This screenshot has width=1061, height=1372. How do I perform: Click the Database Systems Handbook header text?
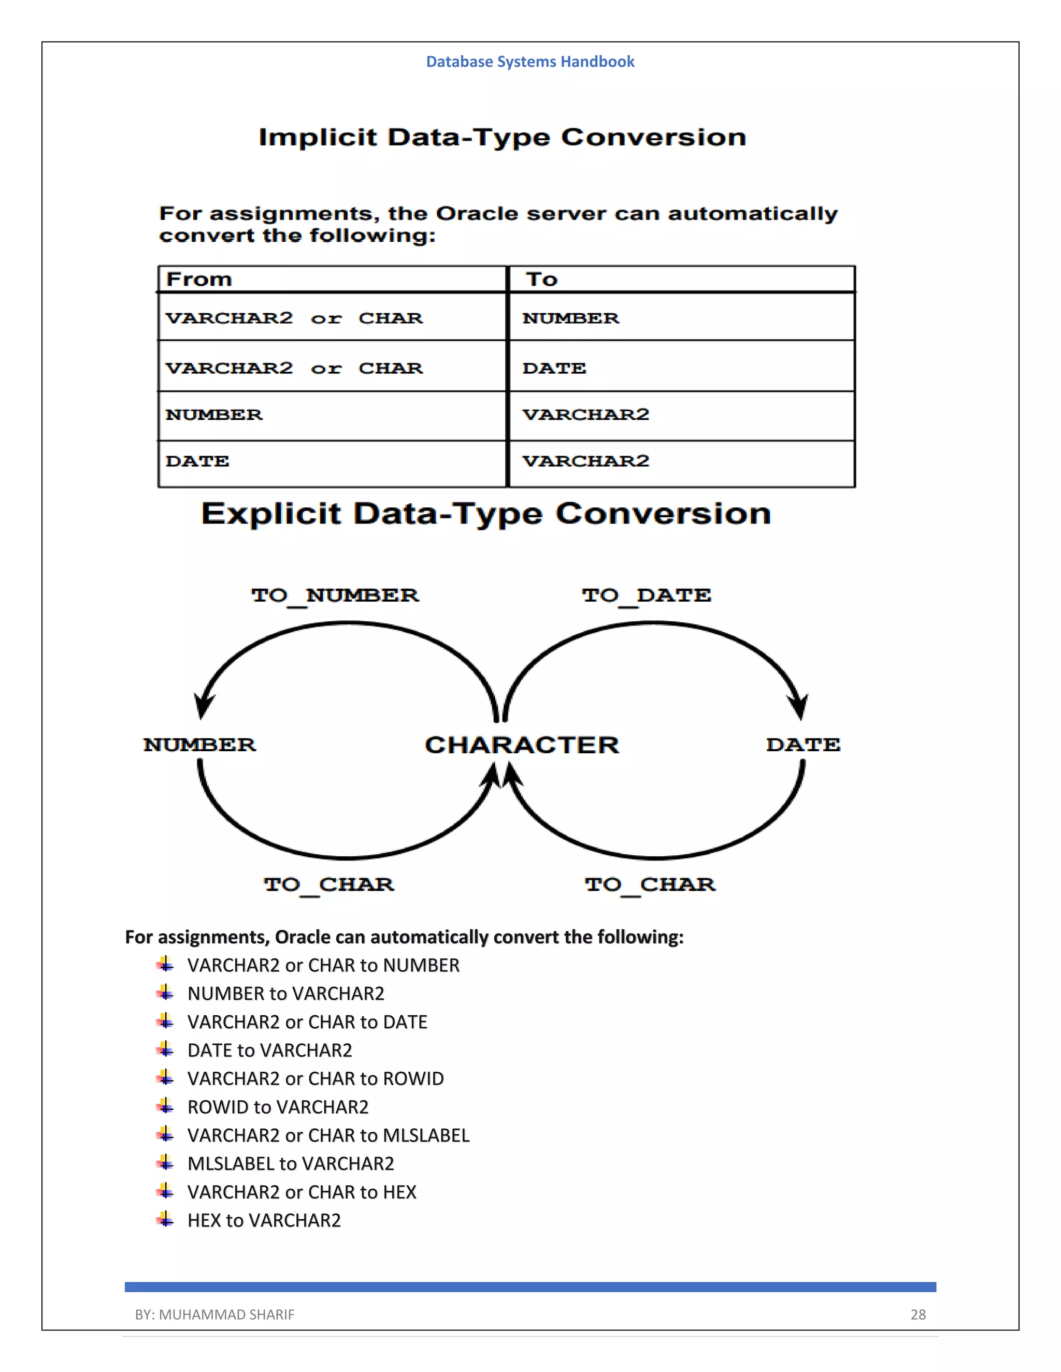tap(530, 62)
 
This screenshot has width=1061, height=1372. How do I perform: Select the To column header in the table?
tap(542, 279)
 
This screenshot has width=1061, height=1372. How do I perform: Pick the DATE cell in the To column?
tap(554, 368)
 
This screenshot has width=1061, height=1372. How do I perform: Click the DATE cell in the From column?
tap(197, 461)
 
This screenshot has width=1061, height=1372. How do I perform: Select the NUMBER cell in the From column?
tap(214, 415)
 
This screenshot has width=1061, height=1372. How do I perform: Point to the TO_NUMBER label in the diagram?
tap(335, 595)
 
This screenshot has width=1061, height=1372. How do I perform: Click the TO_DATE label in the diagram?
tap(646, 595)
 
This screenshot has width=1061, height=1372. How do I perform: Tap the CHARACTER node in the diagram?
tap(522, 745)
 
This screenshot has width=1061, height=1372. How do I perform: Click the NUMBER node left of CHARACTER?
tap(200, 745)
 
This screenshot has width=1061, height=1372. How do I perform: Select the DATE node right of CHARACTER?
tap(802, 745)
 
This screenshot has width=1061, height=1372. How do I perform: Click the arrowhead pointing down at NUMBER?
tap(203, 707)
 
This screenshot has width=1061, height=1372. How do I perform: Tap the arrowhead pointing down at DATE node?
tap(799, 707)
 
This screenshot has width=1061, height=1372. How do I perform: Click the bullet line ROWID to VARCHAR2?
tap(278, 1107)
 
